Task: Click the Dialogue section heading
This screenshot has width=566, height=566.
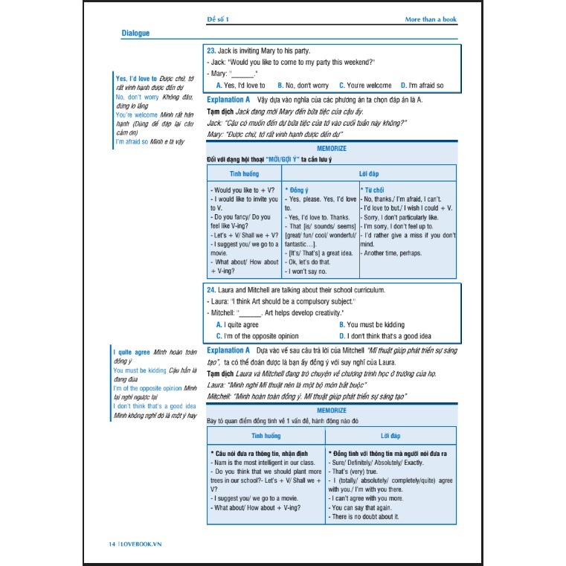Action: tap(135, 33)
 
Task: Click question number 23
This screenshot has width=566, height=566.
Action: tap(211, 51)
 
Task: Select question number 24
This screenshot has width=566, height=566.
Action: tap(211, 289)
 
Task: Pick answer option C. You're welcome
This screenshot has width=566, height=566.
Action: tap(365, 86)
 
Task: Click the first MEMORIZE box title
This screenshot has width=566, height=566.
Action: tap(332, 148)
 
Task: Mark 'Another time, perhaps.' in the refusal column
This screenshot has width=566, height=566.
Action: tap(392, 254)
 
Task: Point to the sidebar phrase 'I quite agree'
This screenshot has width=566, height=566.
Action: tap(132, 351)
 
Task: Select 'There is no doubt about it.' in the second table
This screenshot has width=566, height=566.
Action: tap(365, 516)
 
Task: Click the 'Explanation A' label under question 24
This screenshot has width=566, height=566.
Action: tap(228, 350)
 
